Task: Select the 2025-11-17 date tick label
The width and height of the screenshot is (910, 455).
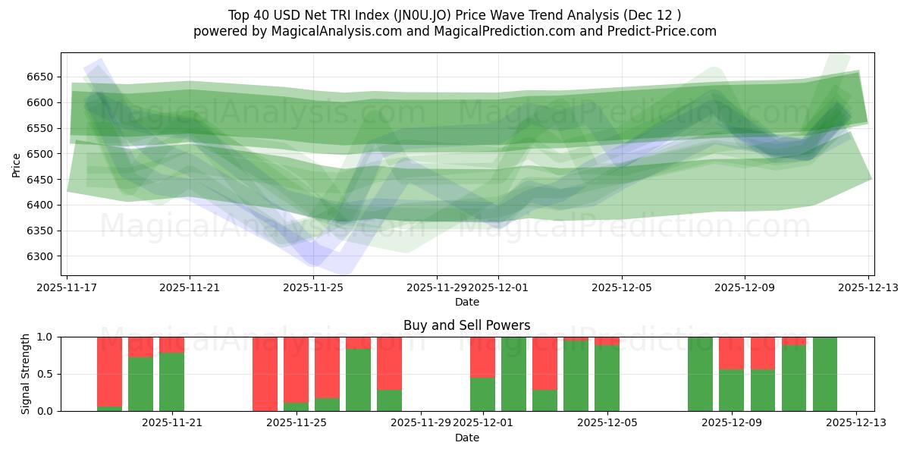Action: coord(67,287)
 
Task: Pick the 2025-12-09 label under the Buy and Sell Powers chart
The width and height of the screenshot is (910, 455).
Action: coord(732,423)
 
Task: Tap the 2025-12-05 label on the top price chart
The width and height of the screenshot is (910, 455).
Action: coord(622,287)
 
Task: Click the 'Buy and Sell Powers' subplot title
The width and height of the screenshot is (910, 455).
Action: coord(466,325)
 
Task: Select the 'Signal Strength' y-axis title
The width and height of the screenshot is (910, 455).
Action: coord(25,374)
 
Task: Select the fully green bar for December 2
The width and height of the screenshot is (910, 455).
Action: coord(513,374)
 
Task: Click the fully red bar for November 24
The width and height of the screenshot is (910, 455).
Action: coord(265,374)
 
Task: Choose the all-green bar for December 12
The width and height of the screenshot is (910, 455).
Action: coord(825,374)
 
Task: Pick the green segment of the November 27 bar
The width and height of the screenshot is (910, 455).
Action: coord(358,380)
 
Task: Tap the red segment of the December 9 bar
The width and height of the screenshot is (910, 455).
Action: coord(732,353)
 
